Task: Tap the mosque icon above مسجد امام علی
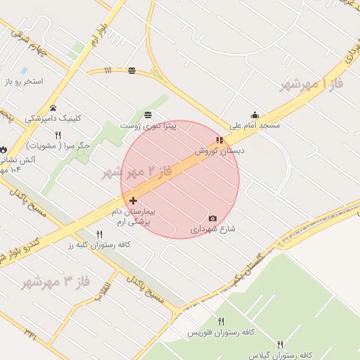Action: point(255,115)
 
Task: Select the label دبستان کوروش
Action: point(214,150)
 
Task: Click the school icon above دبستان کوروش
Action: point(219,141)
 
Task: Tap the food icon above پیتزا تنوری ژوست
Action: point(148,115)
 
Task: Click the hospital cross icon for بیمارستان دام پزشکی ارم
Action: point(133,200)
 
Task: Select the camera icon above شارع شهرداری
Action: point(213,219)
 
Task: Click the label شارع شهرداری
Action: point(212,229)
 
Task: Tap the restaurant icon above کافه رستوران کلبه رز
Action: point(99,234)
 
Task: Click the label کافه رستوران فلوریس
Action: point(221,332)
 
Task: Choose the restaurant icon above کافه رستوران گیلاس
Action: point(281,345)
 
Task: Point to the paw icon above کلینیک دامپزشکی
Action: point(53,108)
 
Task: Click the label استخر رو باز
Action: point(24,82)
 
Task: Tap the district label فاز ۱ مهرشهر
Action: point(311,84)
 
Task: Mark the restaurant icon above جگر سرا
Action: point(58,135)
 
